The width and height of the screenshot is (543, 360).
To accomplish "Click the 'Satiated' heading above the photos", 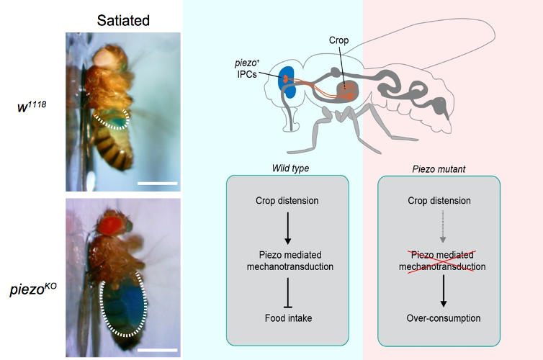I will [123, 21].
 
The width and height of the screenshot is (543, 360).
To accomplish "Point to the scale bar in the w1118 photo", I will [156, 183].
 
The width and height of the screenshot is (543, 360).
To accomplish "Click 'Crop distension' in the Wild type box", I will [287, 200].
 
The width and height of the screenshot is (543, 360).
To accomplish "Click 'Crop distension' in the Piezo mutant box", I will [439, 200].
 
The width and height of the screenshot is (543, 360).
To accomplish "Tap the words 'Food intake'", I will [287, 318].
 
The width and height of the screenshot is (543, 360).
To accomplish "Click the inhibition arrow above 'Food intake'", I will [287, 293].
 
